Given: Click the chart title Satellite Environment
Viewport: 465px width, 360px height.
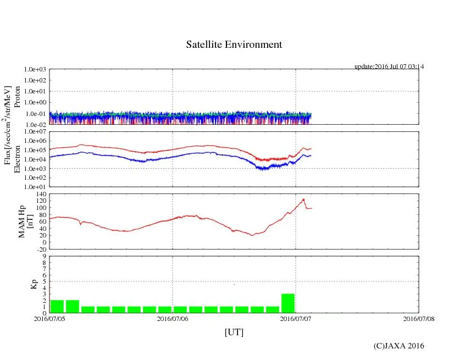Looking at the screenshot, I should pos(234,45).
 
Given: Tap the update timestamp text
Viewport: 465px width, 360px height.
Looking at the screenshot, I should pos(389,67).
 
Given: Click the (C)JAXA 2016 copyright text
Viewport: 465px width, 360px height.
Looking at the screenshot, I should pos(398,346).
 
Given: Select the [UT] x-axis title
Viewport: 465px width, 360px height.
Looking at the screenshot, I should pos(234,332).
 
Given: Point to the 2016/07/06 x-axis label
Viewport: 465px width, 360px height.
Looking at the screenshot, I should pos(173,318).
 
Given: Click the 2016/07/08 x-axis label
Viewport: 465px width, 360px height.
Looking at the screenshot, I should pos(419,318).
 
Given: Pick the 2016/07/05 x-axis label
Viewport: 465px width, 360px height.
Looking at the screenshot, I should pos(49,318).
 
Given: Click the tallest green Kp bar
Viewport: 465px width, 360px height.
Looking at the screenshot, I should pos(288,303).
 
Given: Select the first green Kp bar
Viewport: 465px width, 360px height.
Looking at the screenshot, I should pos(57,306).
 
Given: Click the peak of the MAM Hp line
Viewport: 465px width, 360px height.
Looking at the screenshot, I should pos(303,199).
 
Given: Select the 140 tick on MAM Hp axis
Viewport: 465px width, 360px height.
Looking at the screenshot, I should pos(40,195).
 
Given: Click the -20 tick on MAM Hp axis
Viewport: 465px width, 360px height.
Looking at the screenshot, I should pos(40,249).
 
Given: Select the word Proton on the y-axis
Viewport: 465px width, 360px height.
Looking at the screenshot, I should pos(17,96).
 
